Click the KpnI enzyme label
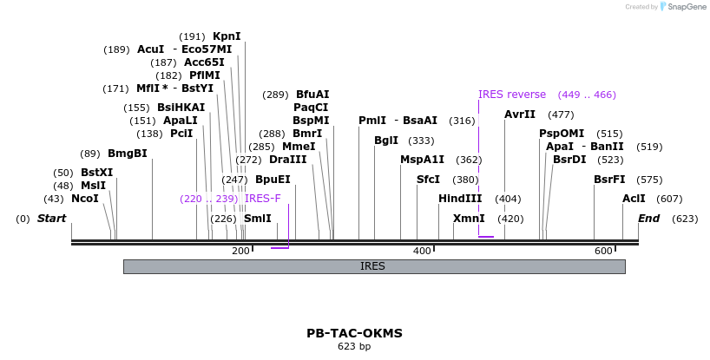(227, 36)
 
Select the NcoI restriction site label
(85, 199)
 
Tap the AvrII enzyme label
(520, 115)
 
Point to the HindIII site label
(460, 199)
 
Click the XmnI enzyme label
(469, 219)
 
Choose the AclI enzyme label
(610, 199)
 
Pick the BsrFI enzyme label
(609, 180)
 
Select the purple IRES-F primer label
(263, 199)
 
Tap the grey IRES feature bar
(373, 266)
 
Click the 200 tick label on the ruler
(240, 251)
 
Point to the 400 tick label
(422, 251)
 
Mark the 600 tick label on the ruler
(603, 251)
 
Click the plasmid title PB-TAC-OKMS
(354, 333)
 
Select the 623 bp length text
(354, 347)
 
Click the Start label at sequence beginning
(51, 219)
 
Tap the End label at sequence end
(648, 219)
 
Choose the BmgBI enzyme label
(128, 154)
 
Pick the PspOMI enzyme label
(562, 134)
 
